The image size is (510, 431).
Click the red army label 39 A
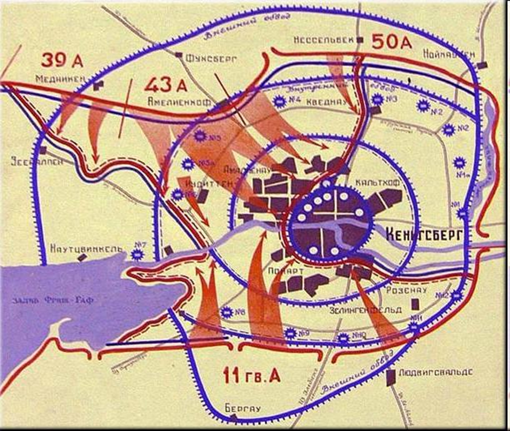tap(62, 59)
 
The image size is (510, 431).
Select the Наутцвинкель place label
tap(86, 248)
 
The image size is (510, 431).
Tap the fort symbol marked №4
tap(278, 101)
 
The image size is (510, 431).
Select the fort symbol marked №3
tap(377, 99)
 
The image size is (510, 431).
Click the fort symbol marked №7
tap(138, 255)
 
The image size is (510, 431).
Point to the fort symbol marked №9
tap(290, 334)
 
